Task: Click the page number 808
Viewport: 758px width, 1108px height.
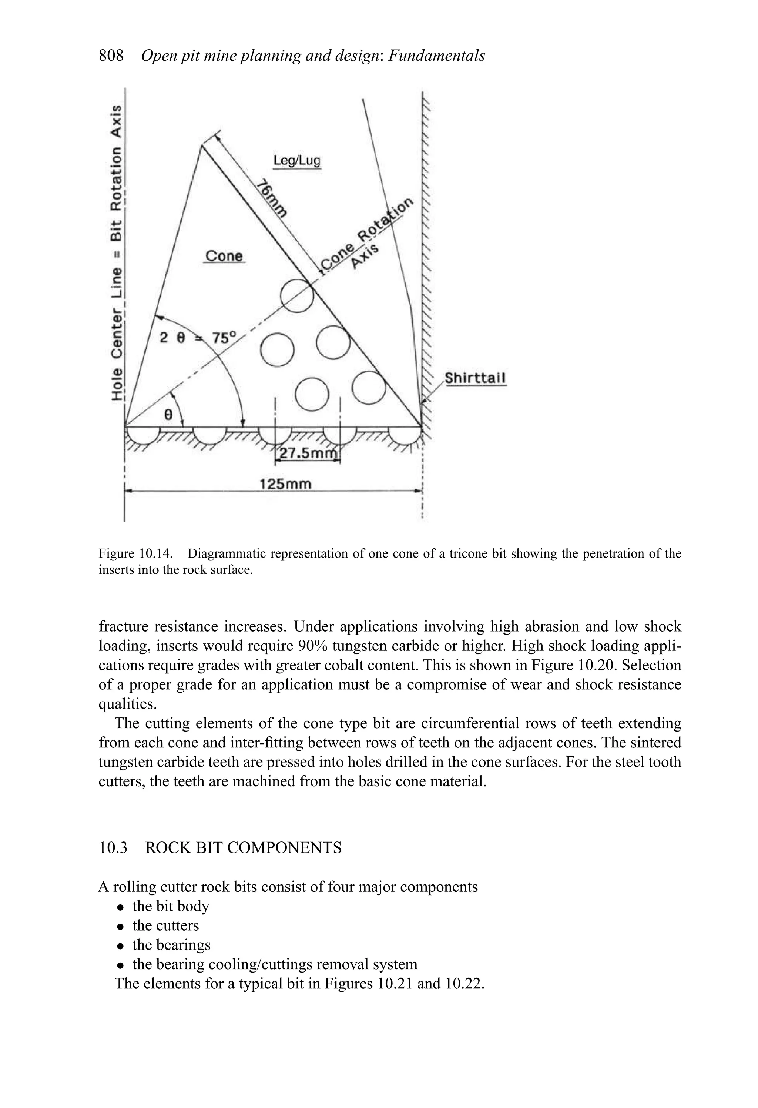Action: click(x=111, y=56)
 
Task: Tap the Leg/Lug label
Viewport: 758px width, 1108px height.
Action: click(x=296, y=160)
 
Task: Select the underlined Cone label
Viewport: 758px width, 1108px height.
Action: click(x=224, y=256)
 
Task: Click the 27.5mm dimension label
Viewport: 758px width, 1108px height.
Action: click(x=308, y=452)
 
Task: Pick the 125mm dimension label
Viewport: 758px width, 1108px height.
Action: click(x=285, y=484)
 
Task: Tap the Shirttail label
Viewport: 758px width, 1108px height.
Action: click(x=475, y=378)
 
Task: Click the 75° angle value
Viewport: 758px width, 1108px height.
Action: click(x=224, y=338)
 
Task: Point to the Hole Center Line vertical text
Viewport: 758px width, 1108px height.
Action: click(x=116, y=253)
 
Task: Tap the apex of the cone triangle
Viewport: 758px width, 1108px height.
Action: click(x=202, y=146)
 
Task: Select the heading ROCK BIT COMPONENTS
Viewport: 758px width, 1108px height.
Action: click(x=243, y=848)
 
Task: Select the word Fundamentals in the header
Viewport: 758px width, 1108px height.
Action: click(x=436, y=56)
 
